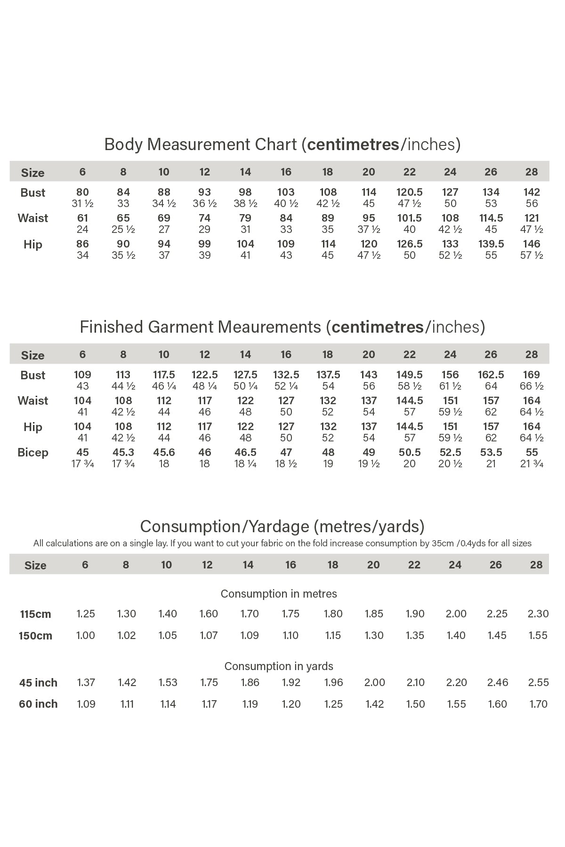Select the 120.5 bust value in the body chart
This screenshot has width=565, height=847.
tap(410, 192)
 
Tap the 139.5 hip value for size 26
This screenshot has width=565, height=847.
tap(491, 244)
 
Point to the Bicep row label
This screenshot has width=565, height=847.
tap(33, 453)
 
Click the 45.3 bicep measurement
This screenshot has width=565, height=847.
tap(123, 452)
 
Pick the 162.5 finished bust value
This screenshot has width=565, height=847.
tap(491, 375)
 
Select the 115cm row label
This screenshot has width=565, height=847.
tap(35, 614)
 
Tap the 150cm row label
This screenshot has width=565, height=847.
tap(35, 636)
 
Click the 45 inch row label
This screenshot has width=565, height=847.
tap(38, 683)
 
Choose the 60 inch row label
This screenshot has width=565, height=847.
tap(38, 704)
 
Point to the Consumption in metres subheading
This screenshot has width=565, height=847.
tap(279, 594)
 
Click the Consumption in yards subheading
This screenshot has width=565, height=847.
tap(279, 666)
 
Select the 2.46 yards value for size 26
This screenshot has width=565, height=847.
tap(498, 682)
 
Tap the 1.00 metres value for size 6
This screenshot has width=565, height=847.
tap(85, 635)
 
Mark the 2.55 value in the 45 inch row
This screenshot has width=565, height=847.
tap(538, 682)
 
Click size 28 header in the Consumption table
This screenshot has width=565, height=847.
tap(536, 565)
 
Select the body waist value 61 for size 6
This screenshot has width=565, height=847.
tap(82, 218)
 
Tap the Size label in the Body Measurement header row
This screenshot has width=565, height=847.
tap(32, 173)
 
